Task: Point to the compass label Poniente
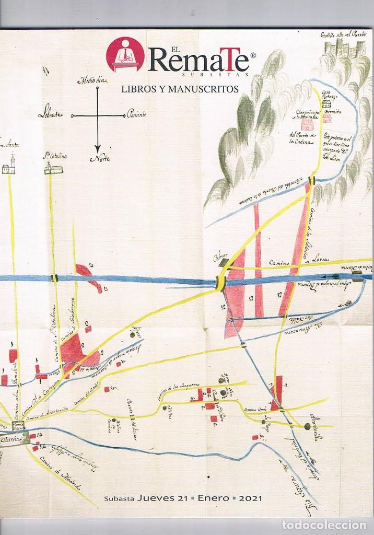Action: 135,114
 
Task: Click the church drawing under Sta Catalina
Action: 53,168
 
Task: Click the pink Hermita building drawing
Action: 327,119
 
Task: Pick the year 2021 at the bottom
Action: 251,498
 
